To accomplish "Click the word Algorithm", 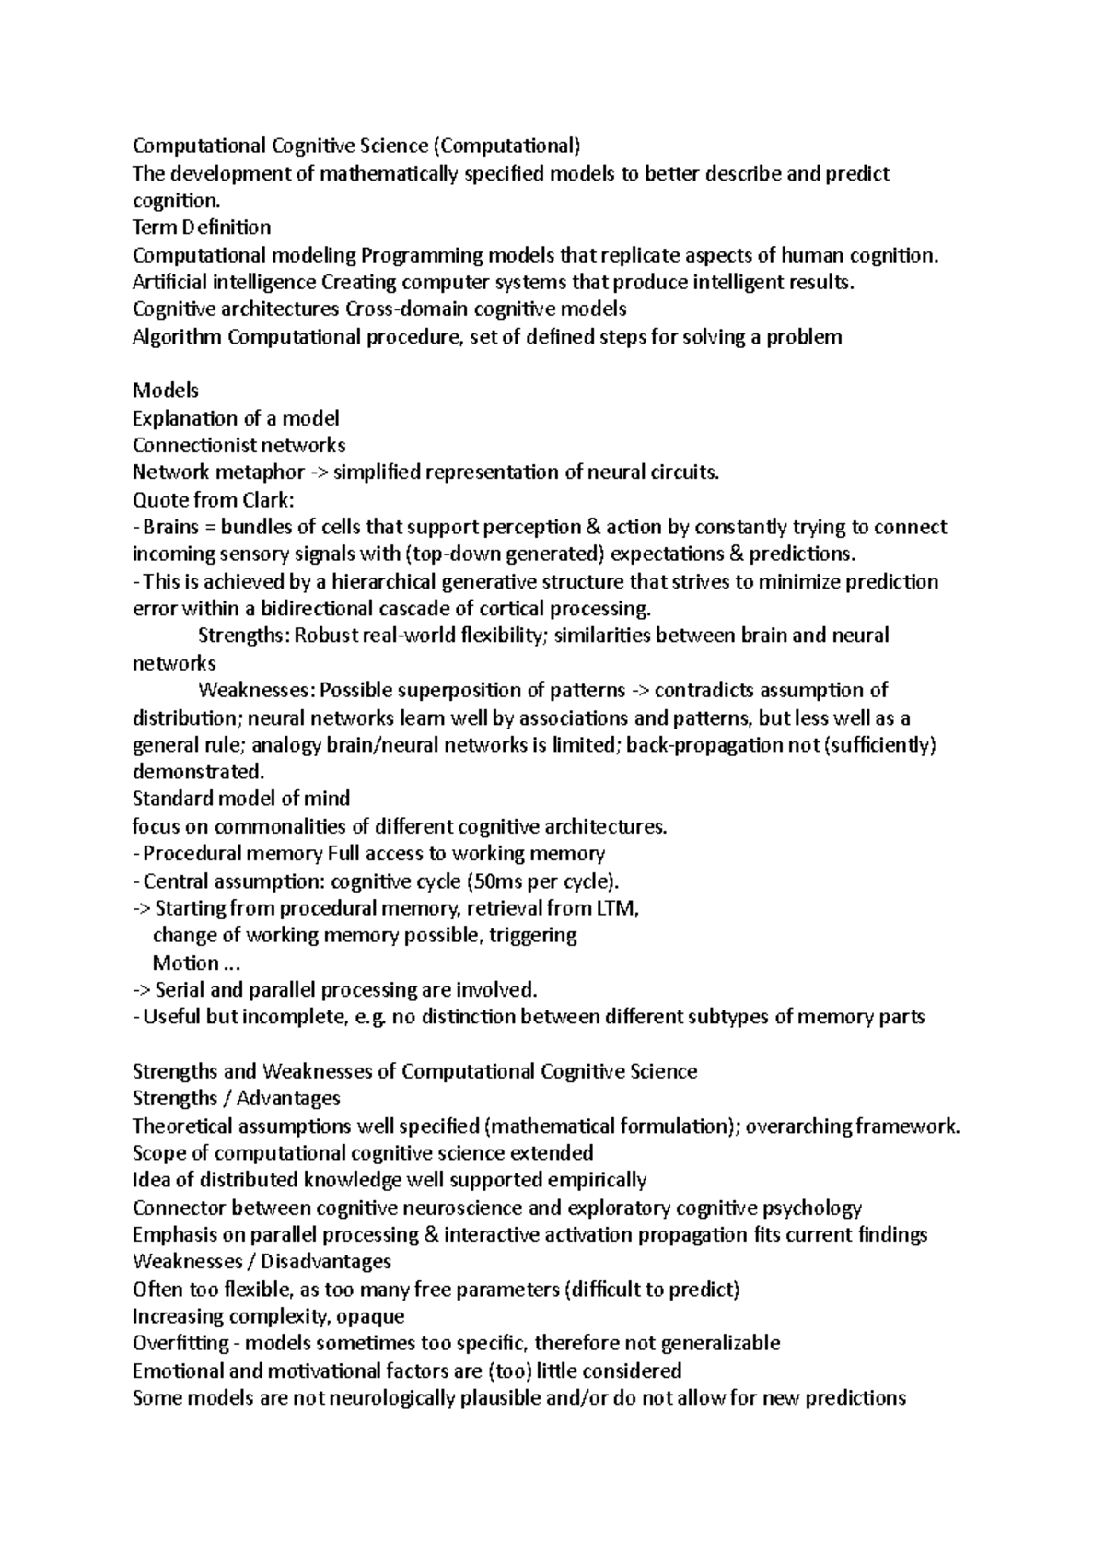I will click(177, 336).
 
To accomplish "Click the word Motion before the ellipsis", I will click(185, 963).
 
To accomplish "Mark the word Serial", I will click(183, 990).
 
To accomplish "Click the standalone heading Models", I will click(166, 391).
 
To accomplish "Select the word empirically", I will click(597, 1180).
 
